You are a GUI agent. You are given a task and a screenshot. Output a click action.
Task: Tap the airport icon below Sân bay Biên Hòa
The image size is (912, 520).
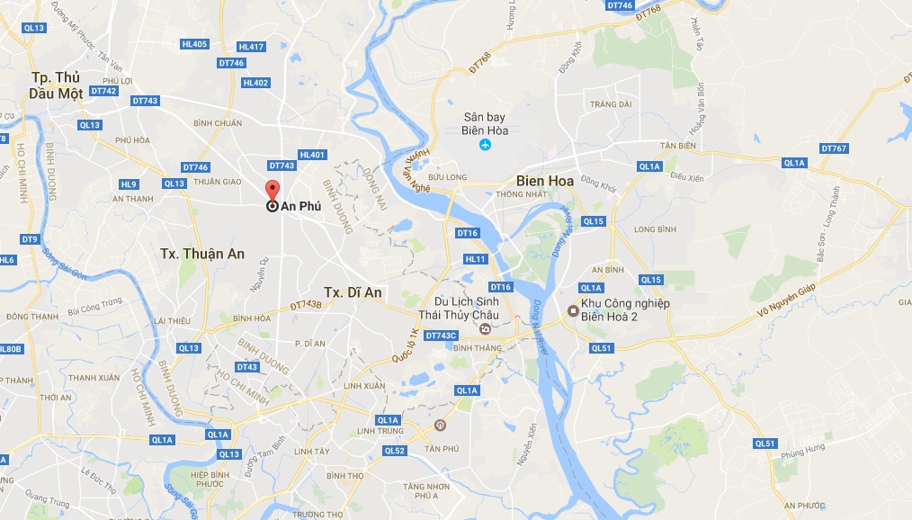coord(486,145)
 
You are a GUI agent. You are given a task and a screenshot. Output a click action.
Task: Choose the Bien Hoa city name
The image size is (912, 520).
coord(545,180)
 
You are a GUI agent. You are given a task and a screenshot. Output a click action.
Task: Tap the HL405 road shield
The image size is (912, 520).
coord(193,44)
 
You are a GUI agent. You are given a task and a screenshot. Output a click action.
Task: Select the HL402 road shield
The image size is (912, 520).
coord(255,83)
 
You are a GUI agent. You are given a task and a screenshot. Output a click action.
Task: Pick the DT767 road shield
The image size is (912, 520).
coord(834,148)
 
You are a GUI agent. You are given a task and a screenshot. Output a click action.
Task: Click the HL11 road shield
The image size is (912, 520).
coord(476,259)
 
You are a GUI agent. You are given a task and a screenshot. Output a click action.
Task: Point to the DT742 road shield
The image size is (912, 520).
coord(104,91)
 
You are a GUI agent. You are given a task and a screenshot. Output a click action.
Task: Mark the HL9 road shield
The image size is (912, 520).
coord(129,184)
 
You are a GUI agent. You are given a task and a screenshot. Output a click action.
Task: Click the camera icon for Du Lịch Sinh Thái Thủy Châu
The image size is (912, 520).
coord(486,329)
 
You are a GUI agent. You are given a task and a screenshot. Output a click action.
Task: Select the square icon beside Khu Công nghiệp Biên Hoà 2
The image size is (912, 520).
coord(572,312)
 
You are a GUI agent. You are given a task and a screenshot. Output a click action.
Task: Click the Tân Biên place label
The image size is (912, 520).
coord(654,146)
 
